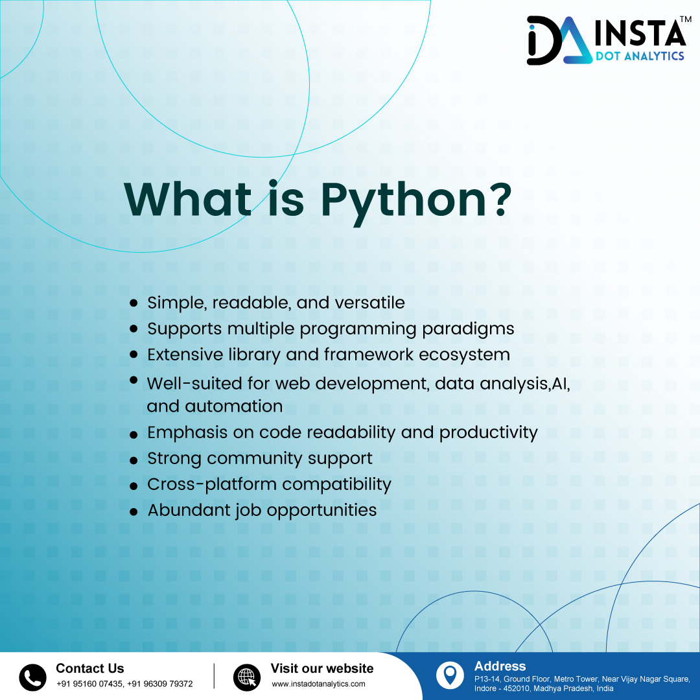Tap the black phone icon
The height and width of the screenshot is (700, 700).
coord(32,677)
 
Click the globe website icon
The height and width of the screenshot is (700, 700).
coord(246,677)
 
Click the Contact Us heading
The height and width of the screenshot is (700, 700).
coord(89,668)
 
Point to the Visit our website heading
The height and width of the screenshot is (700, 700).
coord(321,668)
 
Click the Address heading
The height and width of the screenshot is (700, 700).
coord(500,666)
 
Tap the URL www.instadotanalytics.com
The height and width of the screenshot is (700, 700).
coord(318,684)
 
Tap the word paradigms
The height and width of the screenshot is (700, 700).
coord(468,329)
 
